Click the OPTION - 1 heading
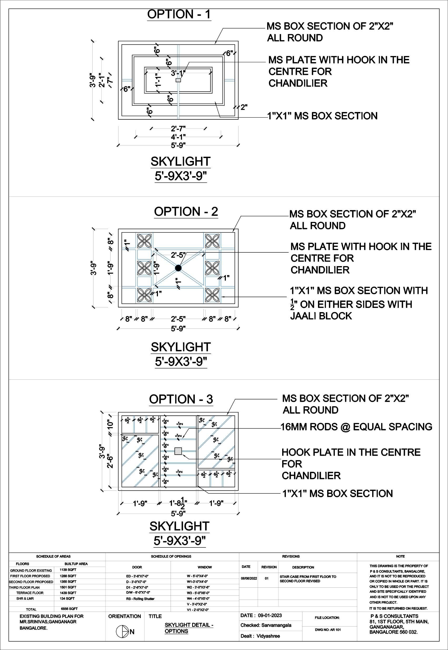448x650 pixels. [179, 14]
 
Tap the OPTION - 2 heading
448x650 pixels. [186, 211]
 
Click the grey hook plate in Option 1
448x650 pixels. [178, 80]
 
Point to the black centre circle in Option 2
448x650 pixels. [178, 268]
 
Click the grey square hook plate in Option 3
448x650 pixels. [178, 451]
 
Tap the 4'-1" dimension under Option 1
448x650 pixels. [178, 137]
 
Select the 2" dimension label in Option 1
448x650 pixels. [244, 107]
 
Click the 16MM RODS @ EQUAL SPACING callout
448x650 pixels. [356, 427]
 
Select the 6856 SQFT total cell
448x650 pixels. [69, 609]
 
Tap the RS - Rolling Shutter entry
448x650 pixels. [140, 599]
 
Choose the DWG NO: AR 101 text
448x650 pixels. [328, 630]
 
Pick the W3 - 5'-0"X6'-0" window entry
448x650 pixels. [198, 593]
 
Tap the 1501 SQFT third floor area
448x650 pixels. [68, 587]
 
